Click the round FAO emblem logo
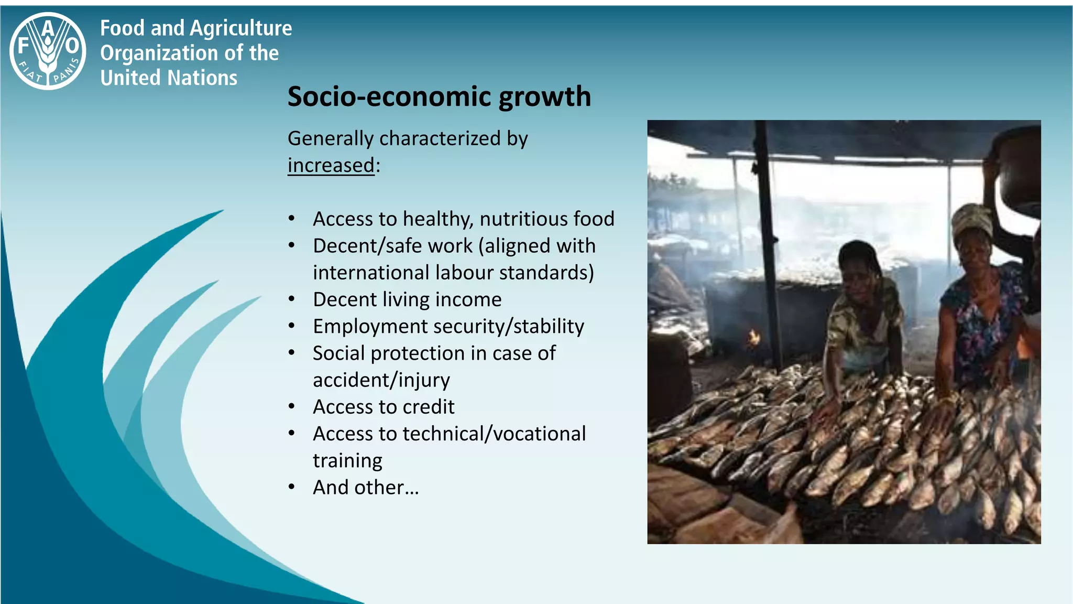point(48,51)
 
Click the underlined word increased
point(331,165)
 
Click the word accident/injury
point(381,380)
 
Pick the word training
point(347,461)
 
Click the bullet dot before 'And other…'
point(292,487)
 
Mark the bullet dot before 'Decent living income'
point(292,299)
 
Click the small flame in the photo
point(753,337)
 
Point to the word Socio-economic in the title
point(389,97)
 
